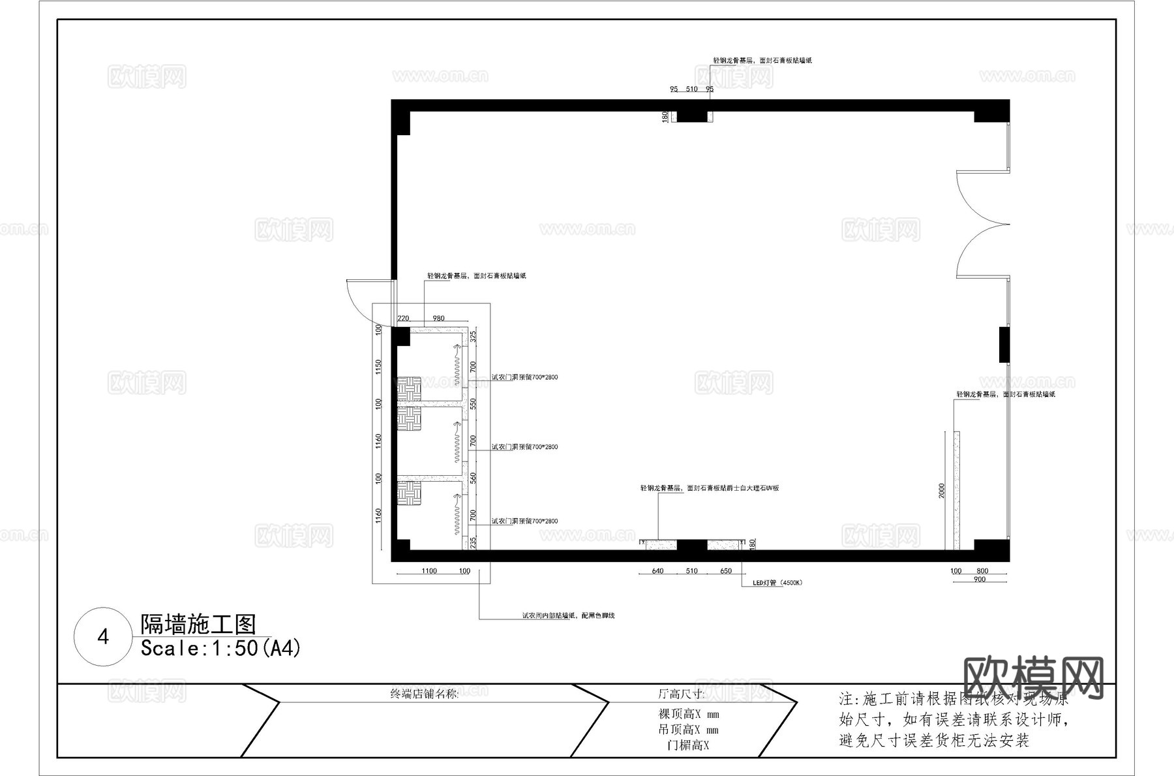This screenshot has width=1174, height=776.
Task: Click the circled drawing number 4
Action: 103,637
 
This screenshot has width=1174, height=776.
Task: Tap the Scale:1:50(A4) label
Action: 220,649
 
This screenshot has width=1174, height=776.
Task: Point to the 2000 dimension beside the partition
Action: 942,491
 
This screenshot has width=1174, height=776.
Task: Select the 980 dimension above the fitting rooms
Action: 438,318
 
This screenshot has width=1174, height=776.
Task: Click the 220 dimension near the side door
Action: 403,318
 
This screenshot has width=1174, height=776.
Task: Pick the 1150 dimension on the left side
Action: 378,367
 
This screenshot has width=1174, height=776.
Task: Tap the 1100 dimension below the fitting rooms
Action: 429,571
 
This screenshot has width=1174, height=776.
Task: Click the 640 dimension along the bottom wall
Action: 657,571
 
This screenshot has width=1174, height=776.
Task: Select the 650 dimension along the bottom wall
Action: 726,571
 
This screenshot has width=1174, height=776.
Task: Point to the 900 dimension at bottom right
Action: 979,580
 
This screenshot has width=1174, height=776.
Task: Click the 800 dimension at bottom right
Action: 982,571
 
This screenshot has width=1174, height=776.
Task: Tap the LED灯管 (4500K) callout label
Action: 777,583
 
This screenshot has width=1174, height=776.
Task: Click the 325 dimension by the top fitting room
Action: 474,337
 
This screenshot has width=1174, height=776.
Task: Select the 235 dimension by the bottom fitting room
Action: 474,541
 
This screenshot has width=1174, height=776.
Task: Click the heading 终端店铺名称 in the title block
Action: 424,694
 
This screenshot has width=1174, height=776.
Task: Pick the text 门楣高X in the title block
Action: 688,745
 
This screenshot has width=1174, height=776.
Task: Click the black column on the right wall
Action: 1004,345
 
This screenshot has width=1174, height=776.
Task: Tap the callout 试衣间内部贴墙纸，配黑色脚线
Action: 568,615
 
